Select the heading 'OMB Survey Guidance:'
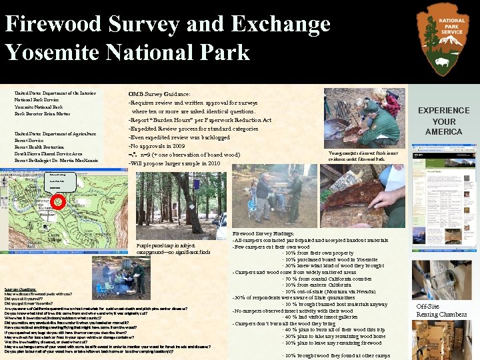[x=159, y=95]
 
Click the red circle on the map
[x=58, y=201]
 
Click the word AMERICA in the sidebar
[x=444, y=132]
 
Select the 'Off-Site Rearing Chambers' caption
[x=441, y=310]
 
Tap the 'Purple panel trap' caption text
[x=173, y=249]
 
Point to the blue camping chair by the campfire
[x=105, y=289]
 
